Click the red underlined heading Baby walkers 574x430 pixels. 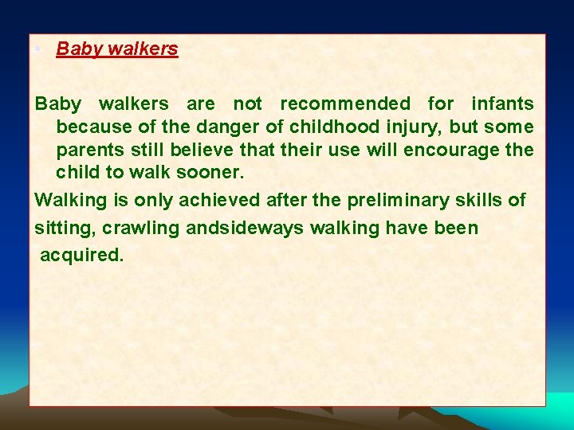click(x=117, y=49)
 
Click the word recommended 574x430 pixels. click(x=345, y=104)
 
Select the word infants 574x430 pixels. click(x=502, y=104)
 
